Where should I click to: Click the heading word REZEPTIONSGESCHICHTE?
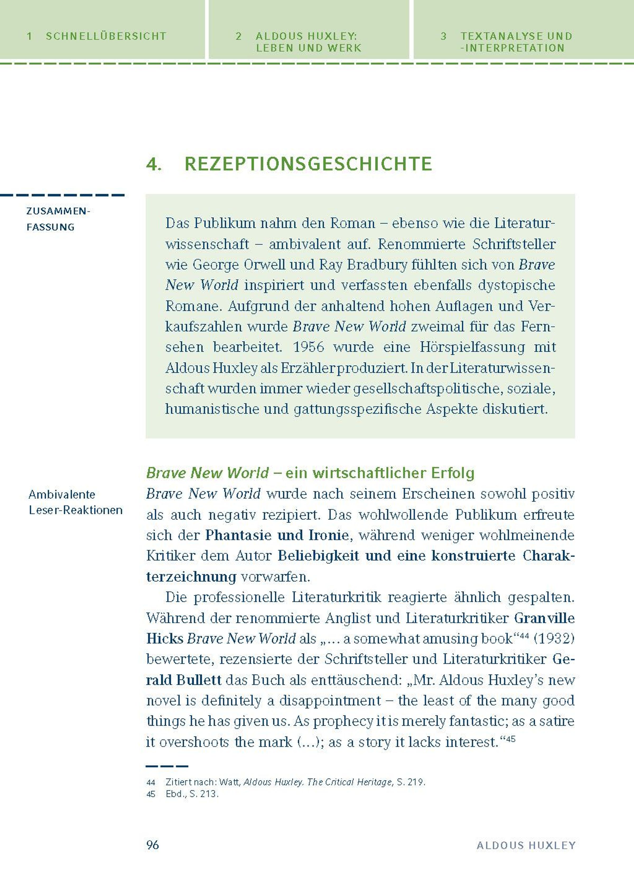308,164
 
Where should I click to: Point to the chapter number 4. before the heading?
154,165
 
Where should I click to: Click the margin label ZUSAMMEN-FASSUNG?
58,219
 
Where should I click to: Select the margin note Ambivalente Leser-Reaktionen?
76,502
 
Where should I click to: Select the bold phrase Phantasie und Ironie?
277,535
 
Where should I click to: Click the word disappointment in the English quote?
330,701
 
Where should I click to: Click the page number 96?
152,845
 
